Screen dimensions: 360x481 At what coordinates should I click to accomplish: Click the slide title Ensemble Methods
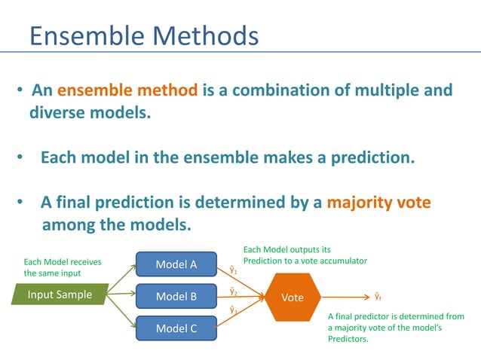coord(143,35)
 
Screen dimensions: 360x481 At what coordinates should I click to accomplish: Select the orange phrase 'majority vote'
coord(378,203)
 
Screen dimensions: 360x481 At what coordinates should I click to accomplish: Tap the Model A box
coord(176,264)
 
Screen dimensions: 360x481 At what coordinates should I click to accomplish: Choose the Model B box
coord(176,296)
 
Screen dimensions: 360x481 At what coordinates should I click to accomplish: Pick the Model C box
coord(176,328)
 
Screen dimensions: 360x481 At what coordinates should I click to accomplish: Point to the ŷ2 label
coord(233,291)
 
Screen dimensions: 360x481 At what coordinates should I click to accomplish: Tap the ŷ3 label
coord(233,310)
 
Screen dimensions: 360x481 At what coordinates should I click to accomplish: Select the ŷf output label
coord(378,297)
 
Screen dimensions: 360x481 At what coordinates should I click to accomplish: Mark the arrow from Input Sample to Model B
coord(121,295)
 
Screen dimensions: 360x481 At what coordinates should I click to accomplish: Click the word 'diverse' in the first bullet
coord(57,114)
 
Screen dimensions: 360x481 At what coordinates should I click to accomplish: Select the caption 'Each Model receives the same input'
coord(63,267)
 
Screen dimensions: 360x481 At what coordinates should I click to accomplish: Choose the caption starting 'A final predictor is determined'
coord(396,328)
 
